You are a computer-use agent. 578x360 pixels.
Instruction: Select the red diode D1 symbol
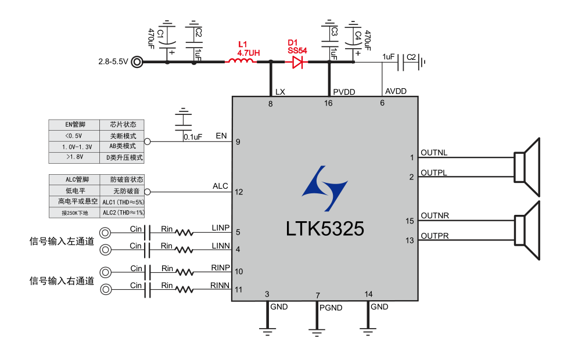pyautogui.click(x=297, y=61)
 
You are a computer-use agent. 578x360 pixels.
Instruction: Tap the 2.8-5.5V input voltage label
pyautogui.click(x=113, y=61)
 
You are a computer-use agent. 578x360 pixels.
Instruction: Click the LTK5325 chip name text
pyautogui.click(x=325, y=229)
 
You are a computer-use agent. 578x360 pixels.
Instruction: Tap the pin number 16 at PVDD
pyautogui.click(x=328, y=103)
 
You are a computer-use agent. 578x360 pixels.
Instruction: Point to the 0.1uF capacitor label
pyautogui.click(x=192, y=137)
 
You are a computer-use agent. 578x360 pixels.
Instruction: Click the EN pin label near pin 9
pyautogui.click(x=221, y=136)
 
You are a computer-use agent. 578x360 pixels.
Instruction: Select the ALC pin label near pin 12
pyautogui.click(x=220, y=186)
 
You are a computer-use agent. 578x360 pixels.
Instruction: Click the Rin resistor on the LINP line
pyautogui.click(x=184, y=233)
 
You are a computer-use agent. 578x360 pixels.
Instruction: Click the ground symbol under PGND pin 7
pyautogui.click(x=317, y=333)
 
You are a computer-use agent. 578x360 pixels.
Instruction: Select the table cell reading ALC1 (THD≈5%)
pyautogui.click(x=123, y=202)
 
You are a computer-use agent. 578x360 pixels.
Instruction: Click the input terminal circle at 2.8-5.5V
pyautogui.click(x=137, y=61)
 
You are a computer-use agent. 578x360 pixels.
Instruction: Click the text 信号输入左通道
pyautogui.click(x=62, y=240)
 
